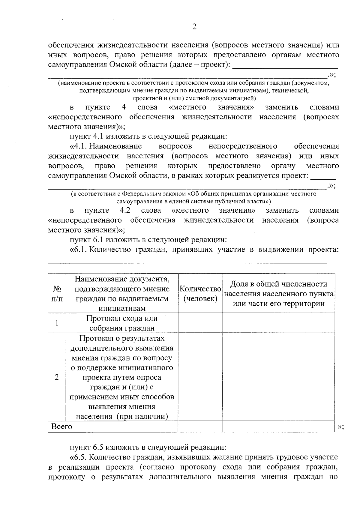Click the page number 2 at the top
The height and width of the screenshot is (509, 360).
click(194, 27)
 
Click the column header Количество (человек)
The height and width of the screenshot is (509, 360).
click(200, 294)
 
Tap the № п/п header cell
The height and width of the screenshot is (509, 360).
click(57, 294)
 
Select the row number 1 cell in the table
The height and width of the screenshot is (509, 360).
click(57, 323)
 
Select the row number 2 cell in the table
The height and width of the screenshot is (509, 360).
click(57, 377)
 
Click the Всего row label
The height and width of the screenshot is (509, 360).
click(62, 426)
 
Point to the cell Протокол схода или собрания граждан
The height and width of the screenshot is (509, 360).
click(122, 323)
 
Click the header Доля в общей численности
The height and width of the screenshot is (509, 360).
click(278, 284)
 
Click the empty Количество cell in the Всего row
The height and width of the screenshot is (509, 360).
click(200, 426)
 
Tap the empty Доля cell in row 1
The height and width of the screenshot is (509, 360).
click(278, 323)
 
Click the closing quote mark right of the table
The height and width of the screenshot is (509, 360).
click(340, 427)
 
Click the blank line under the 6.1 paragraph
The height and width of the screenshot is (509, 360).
click(187, 262)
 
